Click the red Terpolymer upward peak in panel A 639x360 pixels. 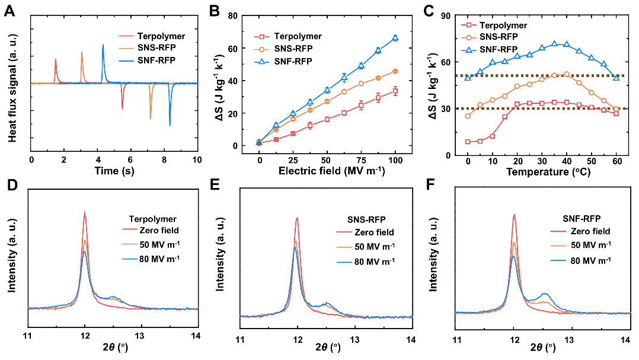(x=55, y=60)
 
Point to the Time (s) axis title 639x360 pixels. (x=114, y=171)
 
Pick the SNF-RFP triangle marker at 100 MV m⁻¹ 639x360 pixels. (x=395, y=38)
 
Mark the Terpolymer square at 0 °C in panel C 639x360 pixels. (x=468, y=142)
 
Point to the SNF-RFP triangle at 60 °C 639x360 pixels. (x=616, y=77)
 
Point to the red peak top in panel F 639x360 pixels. (x=514, y=215)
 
